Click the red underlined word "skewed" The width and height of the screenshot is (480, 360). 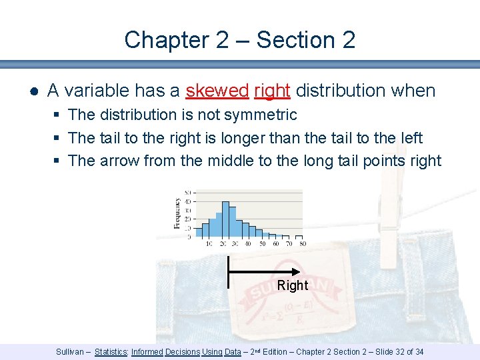(217, 91)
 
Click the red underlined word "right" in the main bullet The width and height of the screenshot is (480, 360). (272, 91)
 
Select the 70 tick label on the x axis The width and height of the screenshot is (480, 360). (288, 244)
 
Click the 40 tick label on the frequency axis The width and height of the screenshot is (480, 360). (187, 201)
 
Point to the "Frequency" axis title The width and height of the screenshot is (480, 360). (177, 213)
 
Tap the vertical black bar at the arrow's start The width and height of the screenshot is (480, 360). (229, 272)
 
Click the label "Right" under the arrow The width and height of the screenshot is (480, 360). (293, 285)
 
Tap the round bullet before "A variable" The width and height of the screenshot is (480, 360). (33, 91)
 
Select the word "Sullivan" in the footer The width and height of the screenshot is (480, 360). (71, 351)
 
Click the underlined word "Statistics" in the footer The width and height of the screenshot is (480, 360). (111, 351)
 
